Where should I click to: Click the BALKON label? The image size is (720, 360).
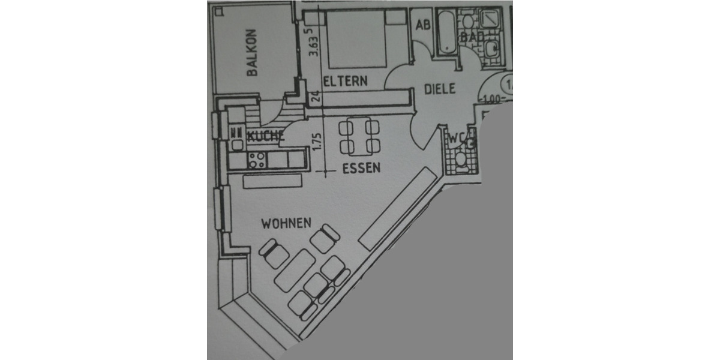(252, 53)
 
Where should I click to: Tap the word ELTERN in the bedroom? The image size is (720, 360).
(344, 82)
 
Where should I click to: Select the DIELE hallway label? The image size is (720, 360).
(440, 89)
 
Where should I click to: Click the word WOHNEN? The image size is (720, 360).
(286, 224)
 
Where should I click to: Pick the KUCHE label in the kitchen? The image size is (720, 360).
(265, 137)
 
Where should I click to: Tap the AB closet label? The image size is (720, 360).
(423, 25)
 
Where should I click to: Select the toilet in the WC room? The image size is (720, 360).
(461, 160)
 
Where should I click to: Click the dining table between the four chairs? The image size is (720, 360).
(359, 137)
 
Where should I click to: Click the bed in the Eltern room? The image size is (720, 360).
(356, 39)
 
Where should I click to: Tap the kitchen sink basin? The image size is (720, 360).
(238, 144)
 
